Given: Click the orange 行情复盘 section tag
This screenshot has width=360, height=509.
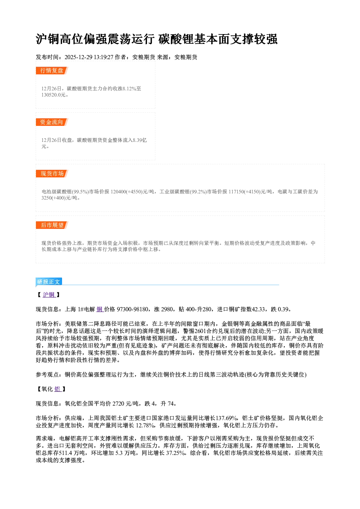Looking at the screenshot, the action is [52, 70].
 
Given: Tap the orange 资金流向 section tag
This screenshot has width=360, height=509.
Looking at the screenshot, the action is [52, 122].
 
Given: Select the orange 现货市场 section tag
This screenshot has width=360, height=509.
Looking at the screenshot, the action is [52, 174].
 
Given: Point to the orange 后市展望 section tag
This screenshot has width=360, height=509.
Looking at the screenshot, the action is [52, 225].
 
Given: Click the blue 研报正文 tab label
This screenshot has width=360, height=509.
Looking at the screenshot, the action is [49, 282].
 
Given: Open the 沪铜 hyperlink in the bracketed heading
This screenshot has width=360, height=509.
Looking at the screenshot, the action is [49, 295].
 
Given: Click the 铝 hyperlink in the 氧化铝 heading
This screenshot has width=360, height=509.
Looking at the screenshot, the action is [58, 389].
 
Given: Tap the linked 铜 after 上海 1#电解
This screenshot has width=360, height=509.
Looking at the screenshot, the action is [100, 309].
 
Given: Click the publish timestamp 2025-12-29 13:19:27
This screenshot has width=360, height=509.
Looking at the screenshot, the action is [89, 57].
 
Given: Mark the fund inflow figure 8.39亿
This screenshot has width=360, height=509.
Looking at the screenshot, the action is [140, 140].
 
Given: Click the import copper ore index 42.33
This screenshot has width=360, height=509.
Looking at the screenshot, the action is [258, 309].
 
